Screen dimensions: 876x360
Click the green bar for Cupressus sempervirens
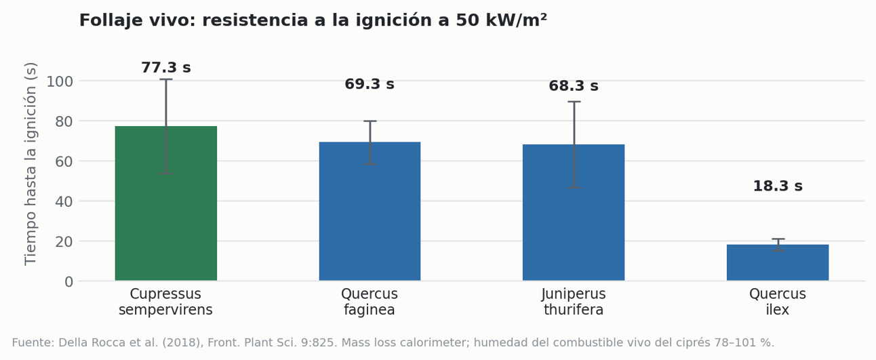(166, 203)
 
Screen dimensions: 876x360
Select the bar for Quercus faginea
(370, 211)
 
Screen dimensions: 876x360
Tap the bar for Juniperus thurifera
(574, 212)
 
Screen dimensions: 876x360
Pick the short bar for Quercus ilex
(778, 262)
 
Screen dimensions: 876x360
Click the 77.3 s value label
(166, 68)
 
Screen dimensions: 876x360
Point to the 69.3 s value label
(370, 84)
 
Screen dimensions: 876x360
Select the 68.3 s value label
(574, 86)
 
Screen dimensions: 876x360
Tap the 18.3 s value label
(778, 186)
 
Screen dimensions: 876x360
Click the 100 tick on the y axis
(60, 81)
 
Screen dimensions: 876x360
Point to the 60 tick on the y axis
(64, 161)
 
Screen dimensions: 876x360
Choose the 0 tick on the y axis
(69, 282)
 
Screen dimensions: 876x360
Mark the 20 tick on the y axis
(64, 241)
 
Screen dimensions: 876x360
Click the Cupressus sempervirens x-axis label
(166, 302)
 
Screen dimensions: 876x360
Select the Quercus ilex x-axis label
(778, 302)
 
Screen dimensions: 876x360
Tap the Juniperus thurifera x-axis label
(574, 302)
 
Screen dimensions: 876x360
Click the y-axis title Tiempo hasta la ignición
(31, 164)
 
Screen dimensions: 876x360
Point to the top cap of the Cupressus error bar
(166, 79)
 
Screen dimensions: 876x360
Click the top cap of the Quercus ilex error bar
(778, 239)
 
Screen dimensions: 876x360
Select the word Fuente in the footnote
(33, 343)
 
